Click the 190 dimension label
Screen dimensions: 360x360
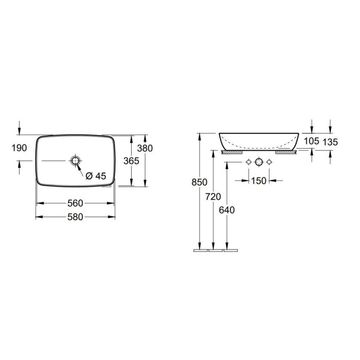[x=20, y=148]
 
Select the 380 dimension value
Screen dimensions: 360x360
[x=145, y=148]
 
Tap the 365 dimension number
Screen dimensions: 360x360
[x=131, y=161]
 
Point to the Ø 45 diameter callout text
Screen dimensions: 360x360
[x=96, y=176]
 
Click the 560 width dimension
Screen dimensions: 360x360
[x=75, y=203]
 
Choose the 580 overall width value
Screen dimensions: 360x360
[x=75, y=217]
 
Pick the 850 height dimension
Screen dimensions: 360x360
[x=200, y=182]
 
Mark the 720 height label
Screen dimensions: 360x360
[x=213, y=197]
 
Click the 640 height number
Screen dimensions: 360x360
[x=227, y=210]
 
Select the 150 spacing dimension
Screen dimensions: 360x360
[x=259, y=181]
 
